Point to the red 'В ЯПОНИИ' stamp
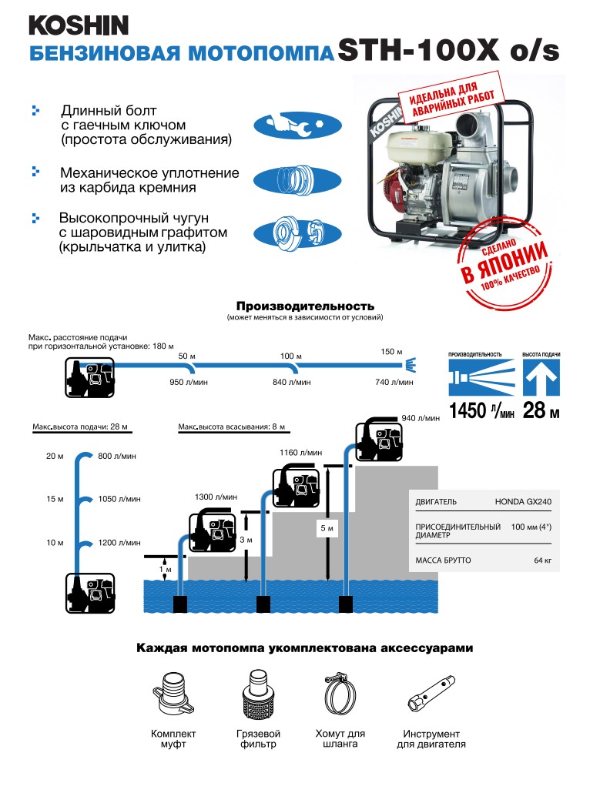505,266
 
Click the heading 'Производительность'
305,306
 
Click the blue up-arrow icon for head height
541,378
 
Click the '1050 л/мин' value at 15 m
119,500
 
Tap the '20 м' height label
55,457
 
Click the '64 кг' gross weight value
542,560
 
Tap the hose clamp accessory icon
340,695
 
